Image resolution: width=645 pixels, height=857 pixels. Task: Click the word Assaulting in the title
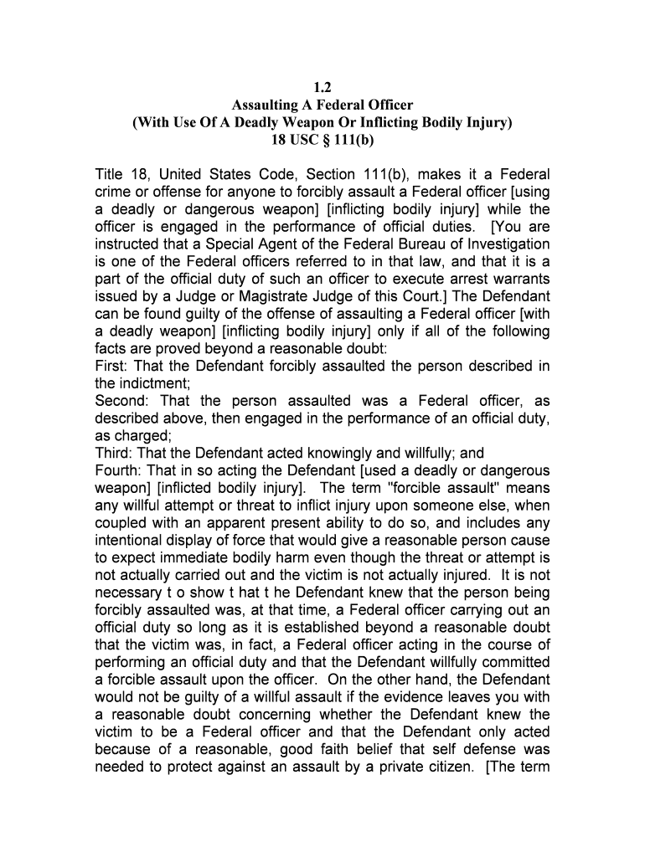click(x=265, y=105)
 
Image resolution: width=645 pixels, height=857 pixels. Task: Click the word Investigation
click(x=501, y=244)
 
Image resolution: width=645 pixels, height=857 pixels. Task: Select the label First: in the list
click(x=112, y=367)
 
